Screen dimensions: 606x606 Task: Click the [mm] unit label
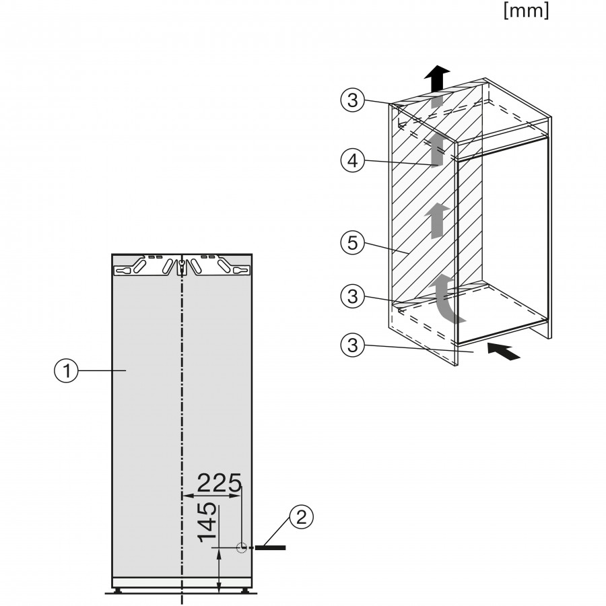[x=526, y=11]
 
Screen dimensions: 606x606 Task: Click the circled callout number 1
[x=65, y=370]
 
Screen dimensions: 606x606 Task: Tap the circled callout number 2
[x=302, y=517]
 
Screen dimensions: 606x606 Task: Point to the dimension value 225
[x=219, y=483]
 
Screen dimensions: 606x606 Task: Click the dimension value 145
[x=208, y=523]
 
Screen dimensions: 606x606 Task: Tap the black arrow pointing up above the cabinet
[x=438, y=76]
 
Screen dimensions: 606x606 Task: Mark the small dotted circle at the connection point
[x=242, y=548]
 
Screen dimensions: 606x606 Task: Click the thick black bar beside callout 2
[x=271, y=548]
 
